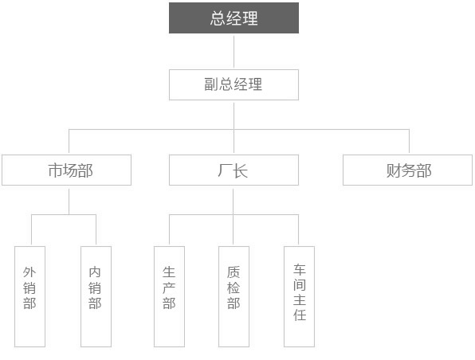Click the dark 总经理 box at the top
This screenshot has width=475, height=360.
pyautogui.click(x=234, y=18)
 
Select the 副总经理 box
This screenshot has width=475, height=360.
pyautogui.click(x=234, y=84)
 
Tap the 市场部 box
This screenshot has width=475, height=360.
pyautogui.click(x=66, y=170)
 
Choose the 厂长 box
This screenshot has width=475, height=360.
pyautogui.click(x=234, y=170)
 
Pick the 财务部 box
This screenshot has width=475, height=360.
pyautogui.click(x=407, y=170)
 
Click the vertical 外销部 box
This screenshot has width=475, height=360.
pyautogui.click(x=29, y=296)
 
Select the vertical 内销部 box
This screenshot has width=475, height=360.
pyautogui.click(x=96, y=296)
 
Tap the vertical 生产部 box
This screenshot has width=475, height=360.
pyautogui.click(x=169, y=296)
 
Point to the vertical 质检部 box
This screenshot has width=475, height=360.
pyautogui.click(x=234, y=296)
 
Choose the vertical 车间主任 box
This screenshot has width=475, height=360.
pyautogui.click(x=299, y=296)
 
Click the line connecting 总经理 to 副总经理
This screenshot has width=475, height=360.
pyautogui.click(x=234, y=52)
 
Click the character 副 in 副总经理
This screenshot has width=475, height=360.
pyautogui.click(x=211, y=84)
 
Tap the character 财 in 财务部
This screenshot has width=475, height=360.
pyautogui.click(x=394, y=170)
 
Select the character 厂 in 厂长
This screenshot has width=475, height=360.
pyautogui.click(x=225, y=170)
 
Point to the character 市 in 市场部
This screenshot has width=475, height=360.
pyautogui.click(x=56, y=170)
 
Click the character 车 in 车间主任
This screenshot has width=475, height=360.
pyautogui.click(x=300, y=269)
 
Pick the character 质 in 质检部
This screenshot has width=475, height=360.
pyautogui.click(x=234, y=272)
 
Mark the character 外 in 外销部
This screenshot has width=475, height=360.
pyautogui.click(x=29, y=272)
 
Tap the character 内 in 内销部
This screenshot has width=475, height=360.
pyautogui.click(x=95, y=272)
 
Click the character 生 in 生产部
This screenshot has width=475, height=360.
pyautogui.click(x=169, y=272)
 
